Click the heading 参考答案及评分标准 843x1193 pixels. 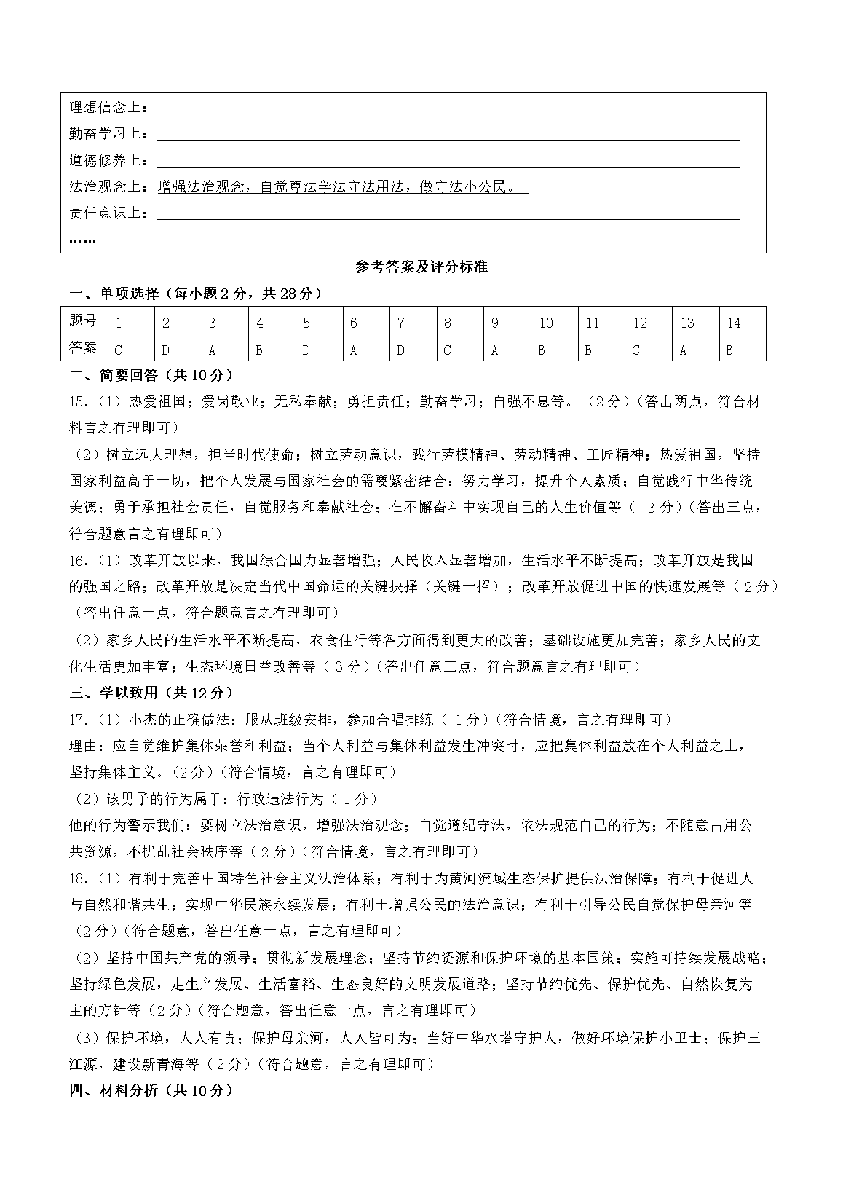421,267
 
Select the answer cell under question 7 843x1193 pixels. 413,348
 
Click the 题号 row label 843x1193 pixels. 83,321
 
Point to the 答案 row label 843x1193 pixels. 83,347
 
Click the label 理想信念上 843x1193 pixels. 108,108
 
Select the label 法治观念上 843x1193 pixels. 108,187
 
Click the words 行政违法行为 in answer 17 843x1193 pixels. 280,799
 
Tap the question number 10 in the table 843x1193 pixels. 546,323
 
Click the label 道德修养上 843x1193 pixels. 108,161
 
